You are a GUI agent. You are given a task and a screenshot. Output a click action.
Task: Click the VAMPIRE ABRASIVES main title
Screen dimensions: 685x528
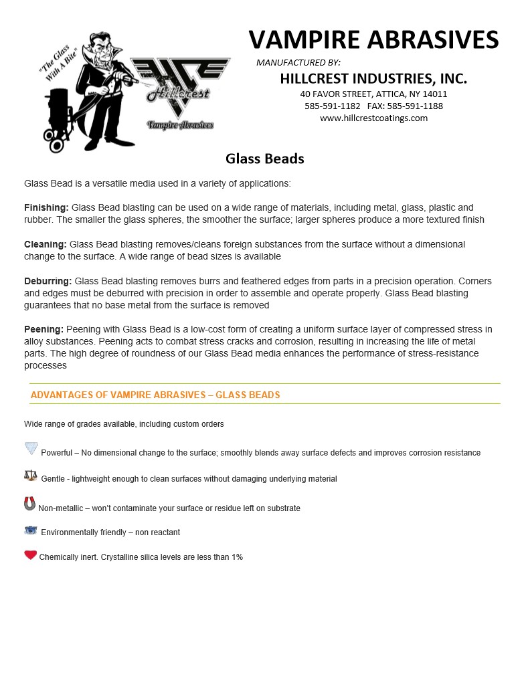click(x=373, y=39)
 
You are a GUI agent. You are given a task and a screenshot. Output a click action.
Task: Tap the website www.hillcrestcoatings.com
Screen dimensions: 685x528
click(x=373, y=118)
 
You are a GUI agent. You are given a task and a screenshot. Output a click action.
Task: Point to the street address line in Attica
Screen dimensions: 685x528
click(x=373, y=94)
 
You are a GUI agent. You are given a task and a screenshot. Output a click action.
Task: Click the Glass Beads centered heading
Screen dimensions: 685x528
click(x=265, y=159)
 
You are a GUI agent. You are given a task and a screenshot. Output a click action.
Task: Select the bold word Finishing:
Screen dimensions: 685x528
click(x=46, y=207)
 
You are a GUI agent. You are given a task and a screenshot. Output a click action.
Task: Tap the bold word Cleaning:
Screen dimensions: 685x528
click(x=45, y=244)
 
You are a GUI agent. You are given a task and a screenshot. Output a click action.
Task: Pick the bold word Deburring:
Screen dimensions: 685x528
click(x=48, y=281)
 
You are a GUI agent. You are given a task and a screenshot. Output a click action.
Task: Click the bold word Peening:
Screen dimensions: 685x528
click(x=43, y=329)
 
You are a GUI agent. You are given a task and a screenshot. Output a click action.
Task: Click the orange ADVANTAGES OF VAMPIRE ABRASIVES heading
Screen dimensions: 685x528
click(x=155, y=395)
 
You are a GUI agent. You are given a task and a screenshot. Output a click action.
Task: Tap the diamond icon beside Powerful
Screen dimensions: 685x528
click(x=31, y=448)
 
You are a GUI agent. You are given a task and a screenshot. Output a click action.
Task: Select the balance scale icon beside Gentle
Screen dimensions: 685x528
click(x=31, y=476)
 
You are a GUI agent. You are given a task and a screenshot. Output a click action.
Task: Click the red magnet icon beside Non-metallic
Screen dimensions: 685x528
click(x=29, y=504)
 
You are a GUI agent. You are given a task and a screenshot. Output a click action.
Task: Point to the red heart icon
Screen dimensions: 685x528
click(x=30, y=555)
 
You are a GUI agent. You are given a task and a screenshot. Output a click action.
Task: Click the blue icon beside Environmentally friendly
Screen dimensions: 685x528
click(x=31, y=530)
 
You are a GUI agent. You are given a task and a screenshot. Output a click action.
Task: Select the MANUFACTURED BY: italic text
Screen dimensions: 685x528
click(x=298, y=62)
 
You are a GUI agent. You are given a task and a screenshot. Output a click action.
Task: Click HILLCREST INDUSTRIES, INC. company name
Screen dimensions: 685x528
click(x=373, y=78)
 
